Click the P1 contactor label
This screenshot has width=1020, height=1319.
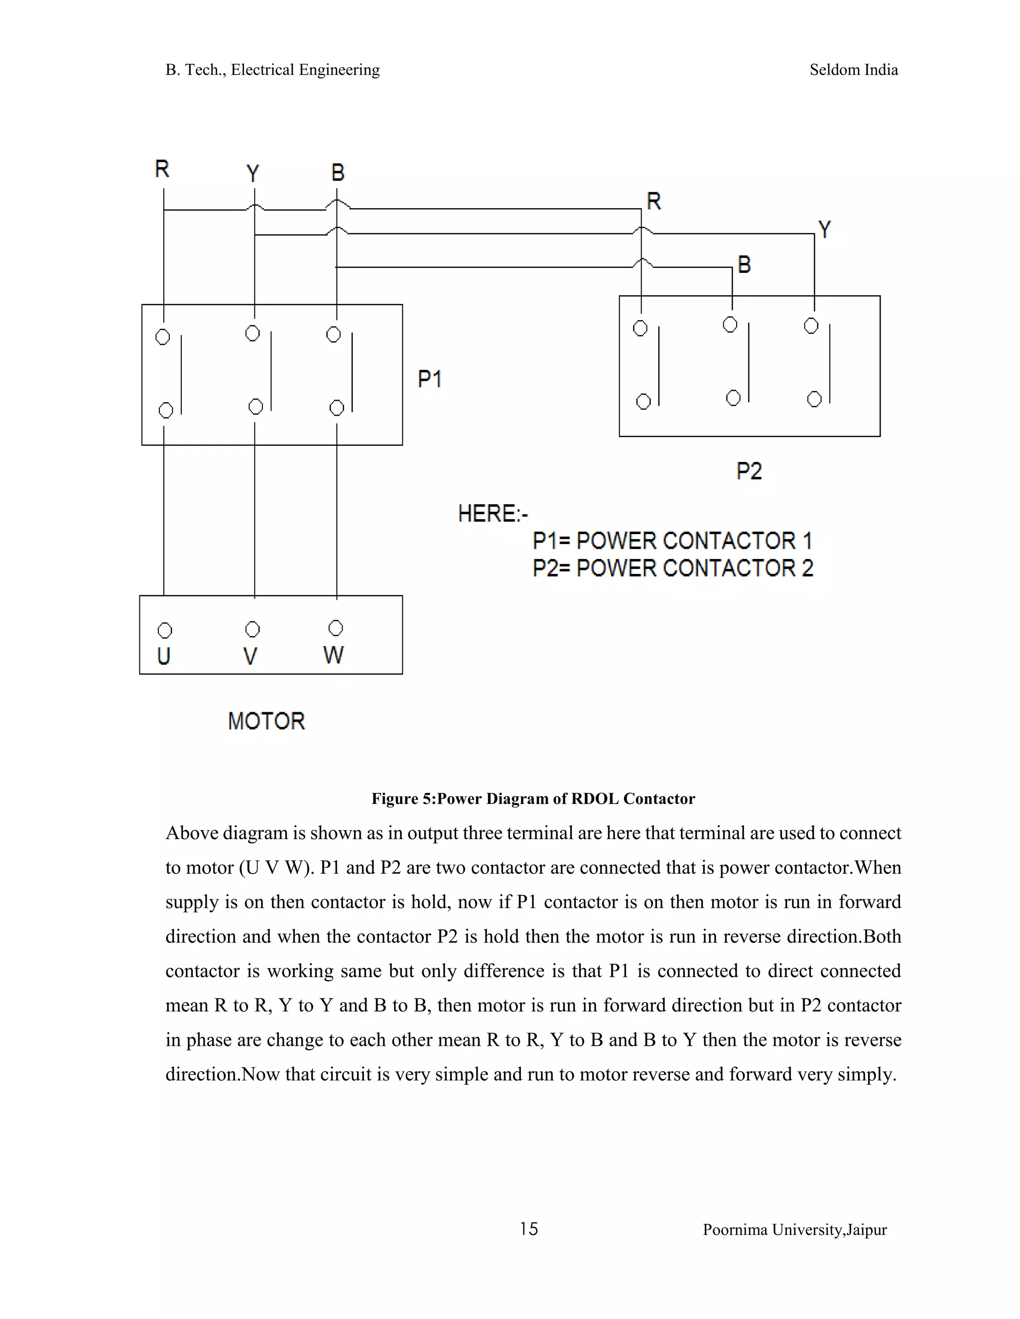[x=430, y=379]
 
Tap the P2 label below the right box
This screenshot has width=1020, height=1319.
[x=749, y=470]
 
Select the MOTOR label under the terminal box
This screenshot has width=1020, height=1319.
[x=266, y=721]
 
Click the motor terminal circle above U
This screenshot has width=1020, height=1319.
[x=164, y=631]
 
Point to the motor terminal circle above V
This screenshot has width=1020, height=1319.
[x=253, y=629]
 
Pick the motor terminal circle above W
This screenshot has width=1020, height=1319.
[x=335, y=628]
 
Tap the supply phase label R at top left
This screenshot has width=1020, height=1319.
[x=162, y=169]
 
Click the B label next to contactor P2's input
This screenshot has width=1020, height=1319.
[x=745, y=264]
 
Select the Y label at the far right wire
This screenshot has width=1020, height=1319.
[x=824, y=229]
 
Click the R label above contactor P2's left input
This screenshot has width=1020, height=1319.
[x=654, y=201]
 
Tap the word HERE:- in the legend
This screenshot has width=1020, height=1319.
[x=493, y=514]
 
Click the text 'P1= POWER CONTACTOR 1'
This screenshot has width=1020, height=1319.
[x=672, y=541]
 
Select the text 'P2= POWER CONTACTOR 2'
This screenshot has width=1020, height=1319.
[x=672, y=568]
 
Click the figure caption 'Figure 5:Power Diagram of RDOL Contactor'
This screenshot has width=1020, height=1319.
[x=533, y=798]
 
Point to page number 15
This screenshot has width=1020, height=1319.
[x=529, y=1229]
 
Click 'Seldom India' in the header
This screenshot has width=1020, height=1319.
[x=853, y=70]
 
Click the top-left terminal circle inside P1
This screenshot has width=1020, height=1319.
[x=162, y=337]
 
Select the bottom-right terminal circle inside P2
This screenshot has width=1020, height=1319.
[x=814, y=399]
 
